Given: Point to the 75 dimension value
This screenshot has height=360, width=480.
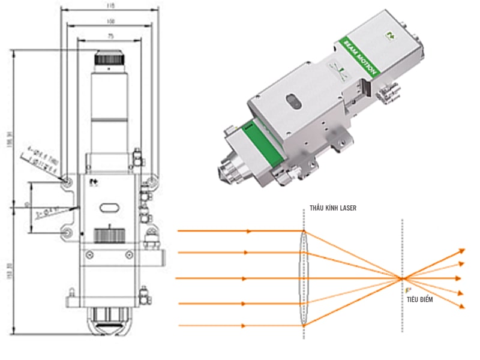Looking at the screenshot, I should click(110, 36).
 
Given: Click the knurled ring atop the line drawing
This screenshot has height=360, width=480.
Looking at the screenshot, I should click(109, 59).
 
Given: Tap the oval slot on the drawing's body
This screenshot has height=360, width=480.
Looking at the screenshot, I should click(109, 207).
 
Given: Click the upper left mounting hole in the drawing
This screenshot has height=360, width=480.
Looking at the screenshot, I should click(68, 179).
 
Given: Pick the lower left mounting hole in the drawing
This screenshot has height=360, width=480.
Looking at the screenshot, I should click(68, 232).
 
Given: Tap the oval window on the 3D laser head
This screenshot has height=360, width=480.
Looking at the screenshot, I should click(293, 101).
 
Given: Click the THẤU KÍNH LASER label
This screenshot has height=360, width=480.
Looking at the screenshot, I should click(332, 208).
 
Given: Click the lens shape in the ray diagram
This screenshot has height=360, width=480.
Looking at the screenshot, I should click(304, 278).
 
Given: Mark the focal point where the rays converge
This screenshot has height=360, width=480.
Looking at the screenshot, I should click(401, 278).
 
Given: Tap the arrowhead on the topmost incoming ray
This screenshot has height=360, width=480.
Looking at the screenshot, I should click(249, 231).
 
